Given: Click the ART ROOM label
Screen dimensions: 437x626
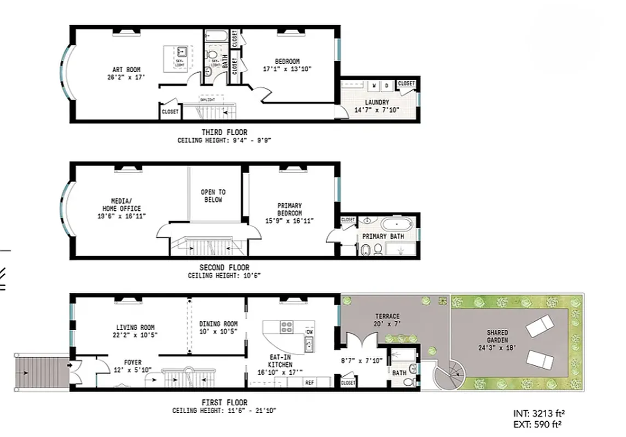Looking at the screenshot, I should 126,69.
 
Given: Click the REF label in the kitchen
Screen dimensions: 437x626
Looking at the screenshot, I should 309,382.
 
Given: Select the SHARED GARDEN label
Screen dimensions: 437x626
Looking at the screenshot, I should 497,332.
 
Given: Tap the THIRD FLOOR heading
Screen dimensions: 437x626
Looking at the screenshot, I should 224,132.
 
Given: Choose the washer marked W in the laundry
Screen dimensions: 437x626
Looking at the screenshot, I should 375,86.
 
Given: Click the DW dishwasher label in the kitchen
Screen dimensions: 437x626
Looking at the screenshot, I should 309,332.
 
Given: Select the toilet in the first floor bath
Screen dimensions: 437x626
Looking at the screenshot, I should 409,382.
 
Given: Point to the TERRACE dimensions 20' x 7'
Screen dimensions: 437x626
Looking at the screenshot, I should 386,324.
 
